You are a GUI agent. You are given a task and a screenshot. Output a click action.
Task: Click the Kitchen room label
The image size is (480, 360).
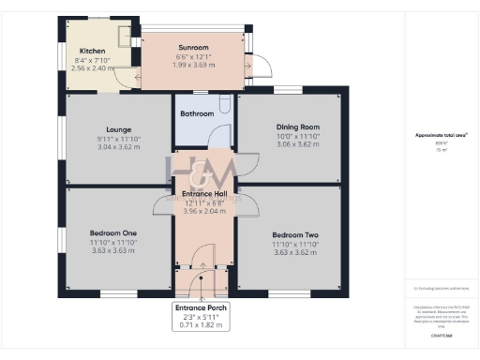92,50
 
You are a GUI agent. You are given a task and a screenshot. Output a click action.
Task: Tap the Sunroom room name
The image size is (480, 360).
193,47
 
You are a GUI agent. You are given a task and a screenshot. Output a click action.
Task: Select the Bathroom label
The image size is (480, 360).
198,114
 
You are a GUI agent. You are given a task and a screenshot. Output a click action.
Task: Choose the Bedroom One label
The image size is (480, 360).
113,233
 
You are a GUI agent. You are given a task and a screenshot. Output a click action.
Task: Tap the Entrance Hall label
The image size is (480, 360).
204,194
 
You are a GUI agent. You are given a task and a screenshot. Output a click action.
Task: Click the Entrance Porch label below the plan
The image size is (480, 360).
202,307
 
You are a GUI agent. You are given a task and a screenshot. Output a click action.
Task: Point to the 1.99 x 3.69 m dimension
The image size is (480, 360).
193,65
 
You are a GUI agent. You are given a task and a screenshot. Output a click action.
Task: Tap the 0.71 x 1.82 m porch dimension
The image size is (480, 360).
202,325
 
